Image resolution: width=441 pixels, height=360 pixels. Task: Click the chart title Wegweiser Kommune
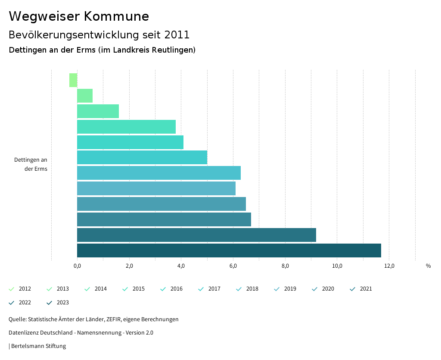pyautogui.click(x=79, y=16)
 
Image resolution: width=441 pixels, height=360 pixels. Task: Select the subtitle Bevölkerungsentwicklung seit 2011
pyautogui.click(x=99, y=35)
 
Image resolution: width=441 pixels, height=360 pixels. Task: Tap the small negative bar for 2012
pyautogui.click(x=73, y=80)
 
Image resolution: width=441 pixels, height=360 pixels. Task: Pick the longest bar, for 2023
pyautogui.click(x=229, y=250)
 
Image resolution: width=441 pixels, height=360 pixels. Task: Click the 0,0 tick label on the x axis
pyautogui.click(x=77, y=266)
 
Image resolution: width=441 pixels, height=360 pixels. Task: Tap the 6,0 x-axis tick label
pyautogui.click(x=233, y=266)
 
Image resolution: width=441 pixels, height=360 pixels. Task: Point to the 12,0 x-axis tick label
pyautogui.click(x=389, y=266)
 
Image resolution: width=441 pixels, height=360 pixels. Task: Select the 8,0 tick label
pyautogui.click(x=285, y=266)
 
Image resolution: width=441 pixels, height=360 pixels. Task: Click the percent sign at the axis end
pyautogui.click(x=428, y=266)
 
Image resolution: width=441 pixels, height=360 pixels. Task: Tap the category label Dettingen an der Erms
pyautogui.click(x=31, y=164)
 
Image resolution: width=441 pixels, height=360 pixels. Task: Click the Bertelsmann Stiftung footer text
pyautogui.click(x=38, y=346)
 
